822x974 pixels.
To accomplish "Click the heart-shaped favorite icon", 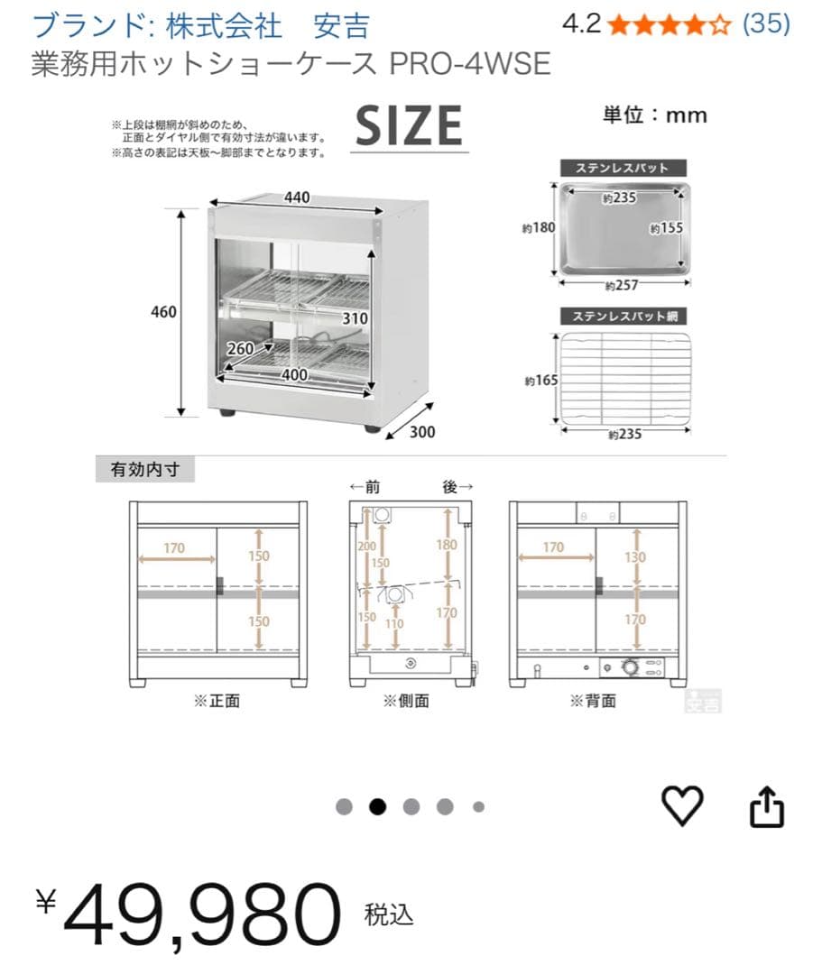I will (682, 805).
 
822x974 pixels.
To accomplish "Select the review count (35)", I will (765, 23).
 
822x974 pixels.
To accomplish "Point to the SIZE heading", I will (409, 125).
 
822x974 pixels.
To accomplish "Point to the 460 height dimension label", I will (163, 312).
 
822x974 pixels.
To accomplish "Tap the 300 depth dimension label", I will (421, 432).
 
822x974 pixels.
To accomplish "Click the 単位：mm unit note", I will (655, 115).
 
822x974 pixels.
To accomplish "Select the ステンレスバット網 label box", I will (623, 316).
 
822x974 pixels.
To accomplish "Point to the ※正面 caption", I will (217, 701).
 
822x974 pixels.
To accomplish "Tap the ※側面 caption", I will (406, 701).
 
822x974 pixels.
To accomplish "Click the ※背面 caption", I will (593, 701).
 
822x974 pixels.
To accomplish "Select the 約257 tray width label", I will (623, 286).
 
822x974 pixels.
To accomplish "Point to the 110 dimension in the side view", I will (394, 622).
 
